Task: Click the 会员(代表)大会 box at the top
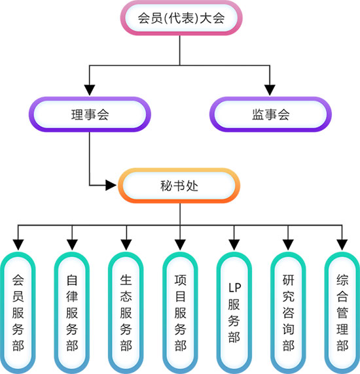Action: tap(181, 18)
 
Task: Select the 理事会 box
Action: tap(90, 114)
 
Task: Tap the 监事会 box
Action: tap(270, 114)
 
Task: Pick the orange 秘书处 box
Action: tap(179, 186)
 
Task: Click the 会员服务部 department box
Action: tap(18, 313)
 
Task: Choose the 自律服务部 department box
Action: tap(72, 313)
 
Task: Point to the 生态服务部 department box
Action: tap(126, 313)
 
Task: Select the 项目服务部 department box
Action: tap(180, 313)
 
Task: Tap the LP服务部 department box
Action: tap(234, 313)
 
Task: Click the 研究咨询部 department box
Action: tap(288, 313)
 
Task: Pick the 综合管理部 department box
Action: tap(342, 313)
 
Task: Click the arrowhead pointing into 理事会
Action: tap(90, 90)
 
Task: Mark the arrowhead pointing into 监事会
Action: tap(270, 90)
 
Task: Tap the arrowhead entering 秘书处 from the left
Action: tap(111, 185)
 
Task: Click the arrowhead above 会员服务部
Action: tap(18, 245)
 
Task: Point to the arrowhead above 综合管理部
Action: tap(342, 245)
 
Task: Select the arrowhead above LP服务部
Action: tap(234, 245)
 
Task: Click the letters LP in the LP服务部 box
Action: tap(235, 288)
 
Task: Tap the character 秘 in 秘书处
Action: tap(166, 186)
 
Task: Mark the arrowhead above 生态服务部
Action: tap(126, 245)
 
